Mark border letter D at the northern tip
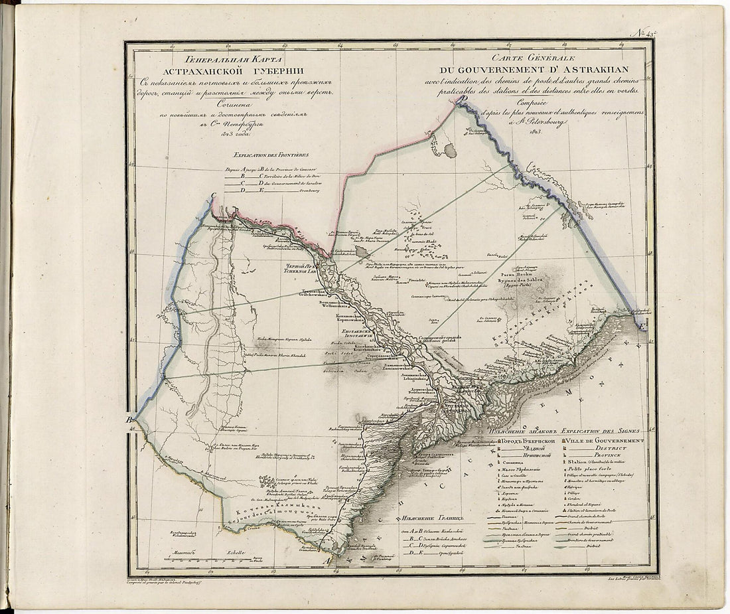pyautogui.click(x=457, y=98)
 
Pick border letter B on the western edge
pyautogui.click(x=130, y=420)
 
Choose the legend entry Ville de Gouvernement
pyautogui.click(x=605, y=441)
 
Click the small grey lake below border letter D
pyautogui.click(x=450, y=151)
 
